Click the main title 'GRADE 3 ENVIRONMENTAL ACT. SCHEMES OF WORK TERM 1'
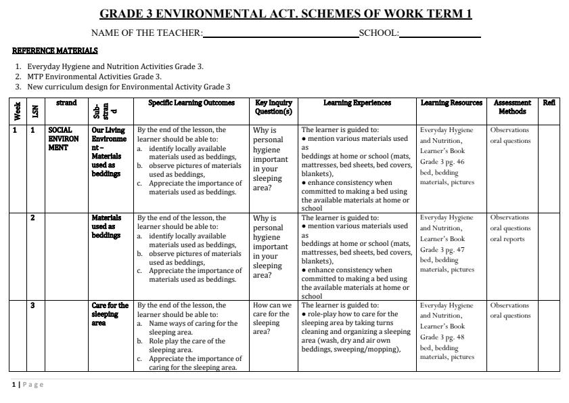tap(285, 14)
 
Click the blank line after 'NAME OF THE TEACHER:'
tap(280, 34)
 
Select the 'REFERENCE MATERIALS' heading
tap(55, 51)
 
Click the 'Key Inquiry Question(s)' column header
tap(273, 107)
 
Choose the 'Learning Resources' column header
tap(451, 103)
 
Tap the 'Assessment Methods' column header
tap(512, 107)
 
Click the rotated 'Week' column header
tap(17, 111)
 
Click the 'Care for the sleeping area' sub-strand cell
tap(110, 314)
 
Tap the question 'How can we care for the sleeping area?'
tap(271, 318)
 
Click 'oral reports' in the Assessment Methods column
tap(507, 239)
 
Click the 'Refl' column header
tap(549, 103)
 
